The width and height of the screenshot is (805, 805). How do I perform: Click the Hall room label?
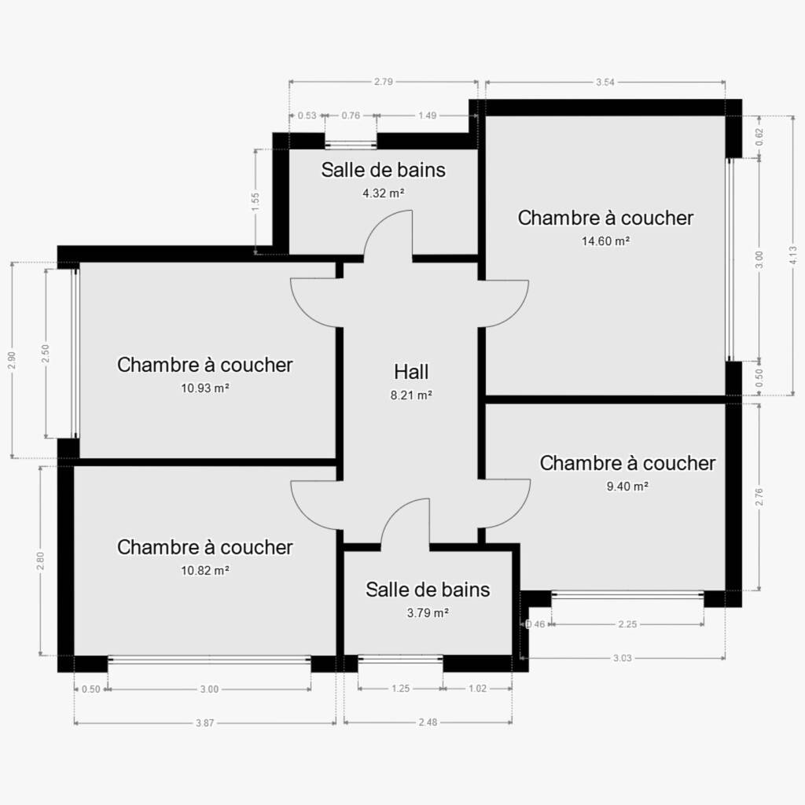(410, 372)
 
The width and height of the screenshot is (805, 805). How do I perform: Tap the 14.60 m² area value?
(606, 241)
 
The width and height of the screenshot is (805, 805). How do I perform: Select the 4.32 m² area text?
(384, 193)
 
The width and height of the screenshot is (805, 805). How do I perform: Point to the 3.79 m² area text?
(428, 612)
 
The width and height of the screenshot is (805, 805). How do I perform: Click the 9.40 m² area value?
(627, 486)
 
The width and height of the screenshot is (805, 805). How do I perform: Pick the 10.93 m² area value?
(205, 388)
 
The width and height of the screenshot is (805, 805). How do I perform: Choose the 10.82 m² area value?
(205, 571)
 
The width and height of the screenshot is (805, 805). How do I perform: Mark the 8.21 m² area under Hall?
(410, 395)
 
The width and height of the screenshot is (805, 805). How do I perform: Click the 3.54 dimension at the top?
(605, 82)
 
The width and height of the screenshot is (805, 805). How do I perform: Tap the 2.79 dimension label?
(384, 81)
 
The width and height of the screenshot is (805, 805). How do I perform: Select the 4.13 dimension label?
(793, 255)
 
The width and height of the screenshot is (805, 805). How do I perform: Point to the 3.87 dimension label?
(204, 723)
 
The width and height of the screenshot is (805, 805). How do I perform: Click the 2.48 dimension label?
(428, 722)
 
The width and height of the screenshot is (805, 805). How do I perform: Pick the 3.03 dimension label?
(623, 658)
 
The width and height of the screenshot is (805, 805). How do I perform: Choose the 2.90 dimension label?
(13, 360)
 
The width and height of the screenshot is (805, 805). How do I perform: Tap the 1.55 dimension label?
(255, 201)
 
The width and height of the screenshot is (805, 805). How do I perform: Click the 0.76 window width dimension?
(351, 116)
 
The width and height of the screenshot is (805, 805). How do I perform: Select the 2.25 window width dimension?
(627, 623)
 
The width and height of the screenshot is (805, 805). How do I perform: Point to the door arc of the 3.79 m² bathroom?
(395, 513)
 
